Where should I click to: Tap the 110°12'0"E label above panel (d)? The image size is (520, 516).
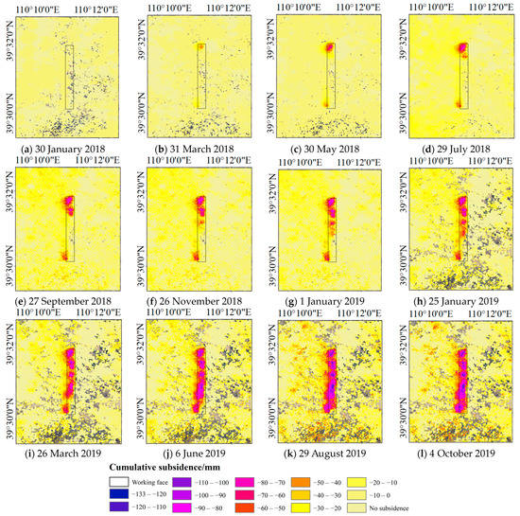[488, 7]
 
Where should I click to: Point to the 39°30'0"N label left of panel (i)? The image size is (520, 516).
[9, 405]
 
